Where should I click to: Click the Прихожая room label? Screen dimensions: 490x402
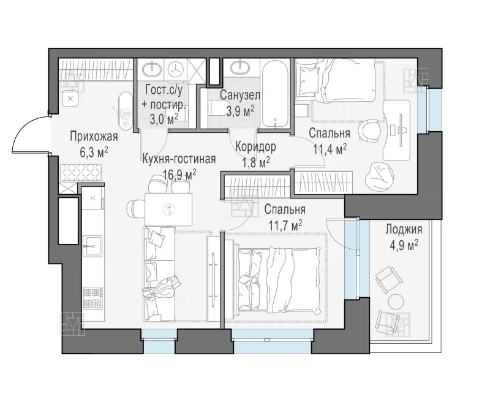[x=94, y=137]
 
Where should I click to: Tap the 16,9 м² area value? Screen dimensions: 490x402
[x=179, y=175]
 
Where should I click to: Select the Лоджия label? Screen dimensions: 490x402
[x=404, y=229]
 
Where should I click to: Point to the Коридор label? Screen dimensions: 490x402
[x=255, y=146]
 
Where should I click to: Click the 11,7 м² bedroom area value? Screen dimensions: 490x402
[x=285, y=225]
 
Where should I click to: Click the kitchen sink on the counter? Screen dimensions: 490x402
[x=92, y=246]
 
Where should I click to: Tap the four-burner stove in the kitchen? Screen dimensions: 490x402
[x=93, y=297]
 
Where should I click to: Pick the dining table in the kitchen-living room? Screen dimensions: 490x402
[x=168, y=209]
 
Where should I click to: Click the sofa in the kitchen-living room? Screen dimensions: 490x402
[x=159, y=274]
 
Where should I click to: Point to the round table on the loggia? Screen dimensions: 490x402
[x=396, y=301]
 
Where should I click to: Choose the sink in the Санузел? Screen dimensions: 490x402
[x=241, y=67]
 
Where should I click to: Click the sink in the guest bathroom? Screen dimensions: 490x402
[x=152, y=67]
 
